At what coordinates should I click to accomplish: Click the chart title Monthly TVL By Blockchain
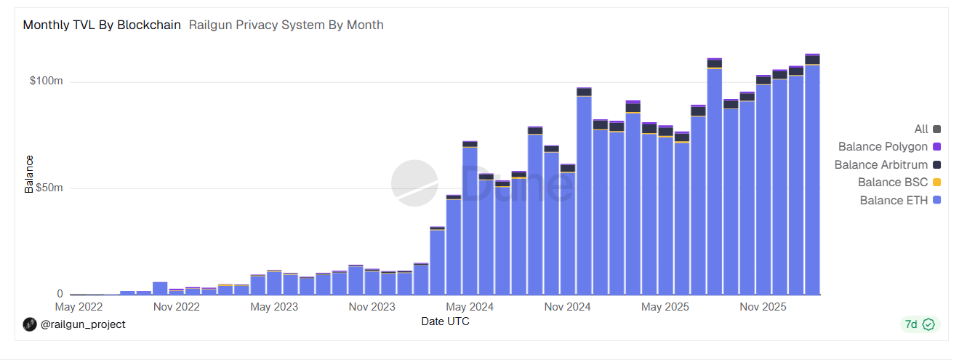pos(102,25)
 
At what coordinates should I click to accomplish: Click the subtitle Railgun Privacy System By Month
pos(286,25)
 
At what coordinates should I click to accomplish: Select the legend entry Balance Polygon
pos(883,147)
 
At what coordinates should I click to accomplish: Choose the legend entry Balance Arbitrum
pos(880,165)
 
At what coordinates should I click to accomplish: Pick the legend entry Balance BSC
pos(892,183)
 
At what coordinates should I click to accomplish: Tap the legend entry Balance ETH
pos(894,201)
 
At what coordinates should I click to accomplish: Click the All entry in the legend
pos(921,129)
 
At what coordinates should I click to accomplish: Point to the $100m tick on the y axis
pos(47,81)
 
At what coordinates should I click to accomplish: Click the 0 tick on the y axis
pos(60,295)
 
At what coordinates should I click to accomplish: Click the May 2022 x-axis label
pos(79,308)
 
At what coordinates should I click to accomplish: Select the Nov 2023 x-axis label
pos(372,308)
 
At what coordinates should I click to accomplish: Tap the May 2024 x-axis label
pos(470,308)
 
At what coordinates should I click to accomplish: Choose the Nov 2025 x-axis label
pos(763,308)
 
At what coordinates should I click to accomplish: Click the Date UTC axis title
pos(445,321)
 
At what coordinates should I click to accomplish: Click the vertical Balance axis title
pos(30,174)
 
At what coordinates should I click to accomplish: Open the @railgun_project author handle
pos(82,324)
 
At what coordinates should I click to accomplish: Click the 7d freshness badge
pos(920,324)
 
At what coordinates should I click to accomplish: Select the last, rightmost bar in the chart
pos(812,175)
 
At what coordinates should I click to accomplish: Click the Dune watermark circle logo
pos(414,183)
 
